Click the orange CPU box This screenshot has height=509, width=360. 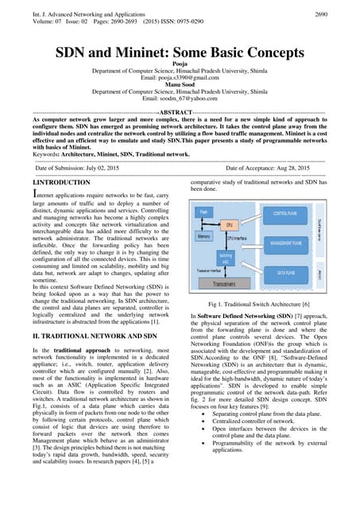[230, 225]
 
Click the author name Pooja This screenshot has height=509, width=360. [180, 70]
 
